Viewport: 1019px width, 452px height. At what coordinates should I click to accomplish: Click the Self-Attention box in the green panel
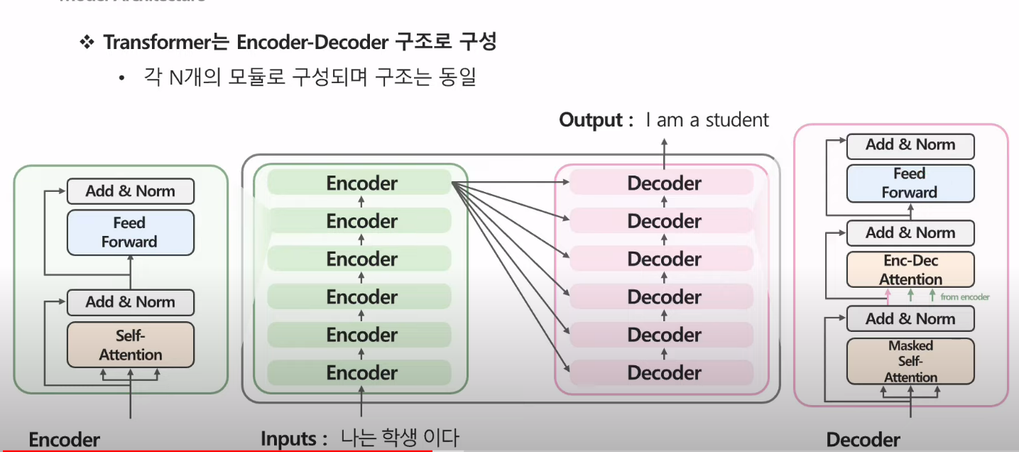click(x=130, y=345)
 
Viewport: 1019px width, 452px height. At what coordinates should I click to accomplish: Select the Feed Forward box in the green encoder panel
click(x=129, y=232)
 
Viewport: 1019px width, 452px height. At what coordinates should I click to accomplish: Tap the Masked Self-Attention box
click(x=910, y=361)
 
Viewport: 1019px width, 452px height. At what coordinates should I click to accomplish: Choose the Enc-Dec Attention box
click(x=910, y=270)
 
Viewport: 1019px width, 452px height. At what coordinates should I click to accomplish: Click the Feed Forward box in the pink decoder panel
click(x=910, y=183)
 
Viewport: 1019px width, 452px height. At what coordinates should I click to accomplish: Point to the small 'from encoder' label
click(x=964, y=296)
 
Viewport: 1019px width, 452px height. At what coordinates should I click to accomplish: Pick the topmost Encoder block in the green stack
click(x=361, y=183)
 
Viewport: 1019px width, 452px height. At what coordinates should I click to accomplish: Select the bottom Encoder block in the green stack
click(x=361, y=373)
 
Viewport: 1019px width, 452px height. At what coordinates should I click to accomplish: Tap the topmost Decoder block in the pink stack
click(x=664, y=183)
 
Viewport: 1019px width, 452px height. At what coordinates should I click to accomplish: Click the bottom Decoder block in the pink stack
click(x=664, y=373)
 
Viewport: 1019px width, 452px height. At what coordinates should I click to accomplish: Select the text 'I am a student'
click(x=707, y=119)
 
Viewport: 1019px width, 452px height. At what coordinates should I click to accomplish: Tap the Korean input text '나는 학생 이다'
click(x=399, y=438)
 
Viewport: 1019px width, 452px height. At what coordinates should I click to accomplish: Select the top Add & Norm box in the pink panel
click(x=910, y=145)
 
